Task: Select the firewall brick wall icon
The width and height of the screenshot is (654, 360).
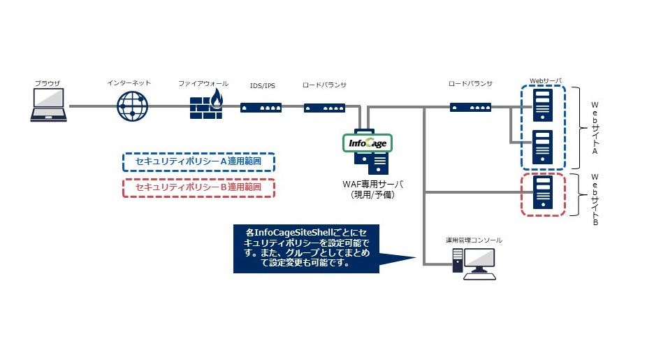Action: pos(205,105)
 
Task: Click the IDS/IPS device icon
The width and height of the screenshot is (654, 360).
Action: pos(262,107)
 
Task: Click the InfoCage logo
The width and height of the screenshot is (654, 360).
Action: pos(366,143)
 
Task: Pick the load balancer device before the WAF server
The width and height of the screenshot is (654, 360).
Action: pos(324,107)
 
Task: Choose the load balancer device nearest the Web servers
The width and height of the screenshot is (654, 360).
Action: pos(470,107)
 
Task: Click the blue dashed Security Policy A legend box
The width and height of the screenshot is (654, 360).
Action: pos(199,162)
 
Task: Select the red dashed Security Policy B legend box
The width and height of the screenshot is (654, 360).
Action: pos(199,187)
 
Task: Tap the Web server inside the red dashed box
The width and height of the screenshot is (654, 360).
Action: pos(543,193)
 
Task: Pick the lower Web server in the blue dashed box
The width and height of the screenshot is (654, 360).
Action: pos(543,146)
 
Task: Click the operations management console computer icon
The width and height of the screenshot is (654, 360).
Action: pos(474,263)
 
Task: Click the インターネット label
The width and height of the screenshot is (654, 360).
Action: pos(129,83)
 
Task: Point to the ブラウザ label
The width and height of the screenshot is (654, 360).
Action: pos(48,83)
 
